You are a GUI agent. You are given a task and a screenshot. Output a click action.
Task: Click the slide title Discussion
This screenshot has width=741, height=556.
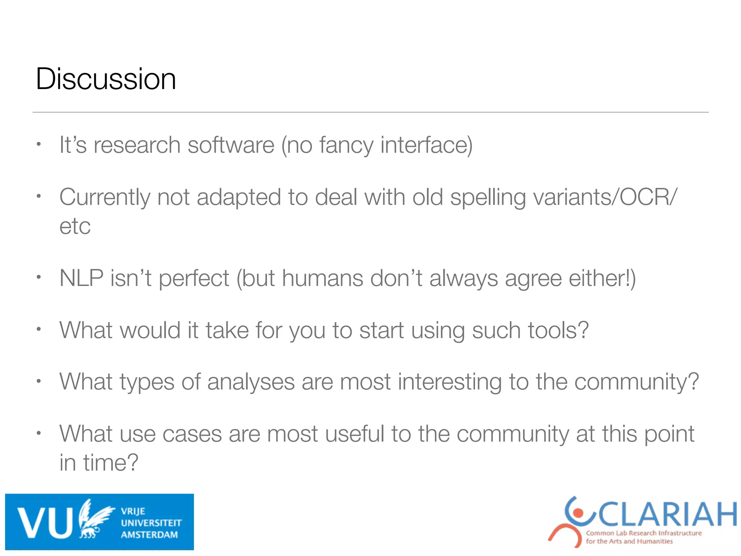pyautogui.click(x=106, y=79)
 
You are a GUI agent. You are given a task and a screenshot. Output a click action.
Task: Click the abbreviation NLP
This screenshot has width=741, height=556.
pyautogui.click(x=81, y=278)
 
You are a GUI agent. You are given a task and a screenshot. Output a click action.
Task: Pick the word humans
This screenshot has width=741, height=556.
pyautogui.click(x=322, y=278)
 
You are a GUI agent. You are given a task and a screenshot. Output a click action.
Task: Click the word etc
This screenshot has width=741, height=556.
pyautogui.click(x=75, y=227)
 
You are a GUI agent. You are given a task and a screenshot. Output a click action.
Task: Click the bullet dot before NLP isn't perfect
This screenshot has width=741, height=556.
pyautogui.click(x=39, y=278)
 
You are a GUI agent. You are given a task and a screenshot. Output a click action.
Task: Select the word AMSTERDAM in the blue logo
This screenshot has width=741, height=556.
pyautogui.click(x=149, y=535)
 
